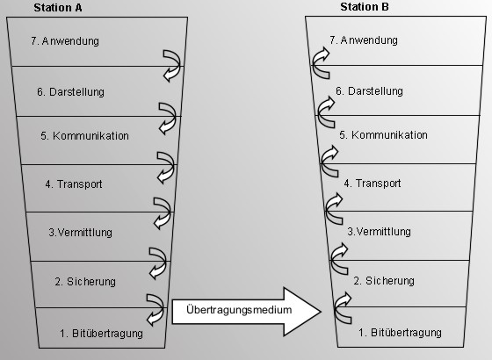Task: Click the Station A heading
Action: coord(58,8)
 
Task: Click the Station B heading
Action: coord(365,7)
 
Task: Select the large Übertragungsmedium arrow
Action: coord(247,312)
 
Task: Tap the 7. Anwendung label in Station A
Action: coord(65,41)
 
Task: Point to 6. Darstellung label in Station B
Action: coord(369,91)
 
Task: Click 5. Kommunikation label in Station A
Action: coord(84,136)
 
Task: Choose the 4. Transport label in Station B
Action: coord(373,184)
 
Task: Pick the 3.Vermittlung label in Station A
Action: coord(80,233)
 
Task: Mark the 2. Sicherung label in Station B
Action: coord(384,281)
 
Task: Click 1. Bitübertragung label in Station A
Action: coord(101,333)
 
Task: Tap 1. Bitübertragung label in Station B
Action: coord(400,333)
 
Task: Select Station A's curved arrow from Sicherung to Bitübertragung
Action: coord(162,309)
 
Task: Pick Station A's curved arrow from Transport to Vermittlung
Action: coord(169,212)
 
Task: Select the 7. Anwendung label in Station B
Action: coord(364,40)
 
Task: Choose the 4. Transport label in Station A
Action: coord(74,184)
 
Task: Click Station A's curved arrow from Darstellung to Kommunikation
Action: coord(174,118)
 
